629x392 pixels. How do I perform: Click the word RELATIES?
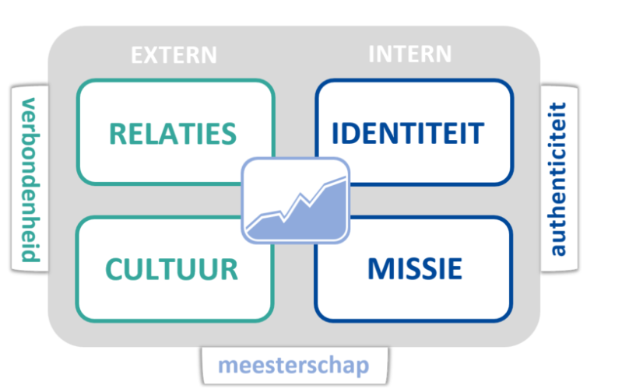point(173,133)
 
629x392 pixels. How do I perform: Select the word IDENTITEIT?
point(407,133)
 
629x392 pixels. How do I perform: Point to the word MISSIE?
point(414,269)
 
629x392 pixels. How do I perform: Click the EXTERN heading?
point(173,55)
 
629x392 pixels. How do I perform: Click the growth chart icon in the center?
point(295,200)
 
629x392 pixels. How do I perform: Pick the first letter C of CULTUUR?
point(115,269)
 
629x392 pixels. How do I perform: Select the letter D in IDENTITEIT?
point(352,133)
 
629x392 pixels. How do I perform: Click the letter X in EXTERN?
point(150,55)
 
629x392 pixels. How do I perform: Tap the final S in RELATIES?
point(228,133)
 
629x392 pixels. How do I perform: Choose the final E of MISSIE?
point(455,269)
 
